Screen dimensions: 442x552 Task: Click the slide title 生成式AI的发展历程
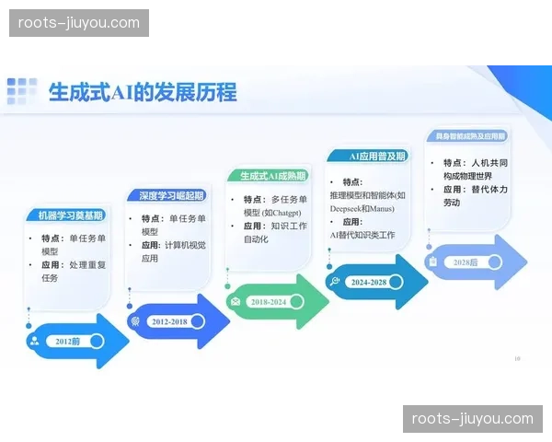(x=143, y=92)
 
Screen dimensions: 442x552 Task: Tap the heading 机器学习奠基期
(x=71, y=215)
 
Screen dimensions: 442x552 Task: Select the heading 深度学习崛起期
(x=172, y=196)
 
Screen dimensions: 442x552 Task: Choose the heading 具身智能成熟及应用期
(x=470, y=136)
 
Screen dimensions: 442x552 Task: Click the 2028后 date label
(x=466, y=262)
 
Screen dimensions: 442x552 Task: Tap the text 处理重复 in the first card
(x=88, y=264)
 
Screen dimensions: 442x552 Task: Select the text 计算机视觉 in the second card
(x=189, y=245)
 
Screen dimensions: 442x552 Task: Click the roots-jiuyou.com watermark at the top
(x=80, y=23)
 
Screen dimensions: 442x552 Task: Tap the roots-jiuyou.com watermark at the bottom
(x=472, y=419)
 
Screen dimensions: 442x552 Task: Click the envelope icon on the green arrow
(x=236, y=302)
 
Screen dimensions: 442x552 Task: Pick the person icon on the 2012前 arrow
(x=35, y=342)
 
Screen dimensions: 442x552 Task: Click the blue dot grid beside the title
(x=22, y=92)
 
